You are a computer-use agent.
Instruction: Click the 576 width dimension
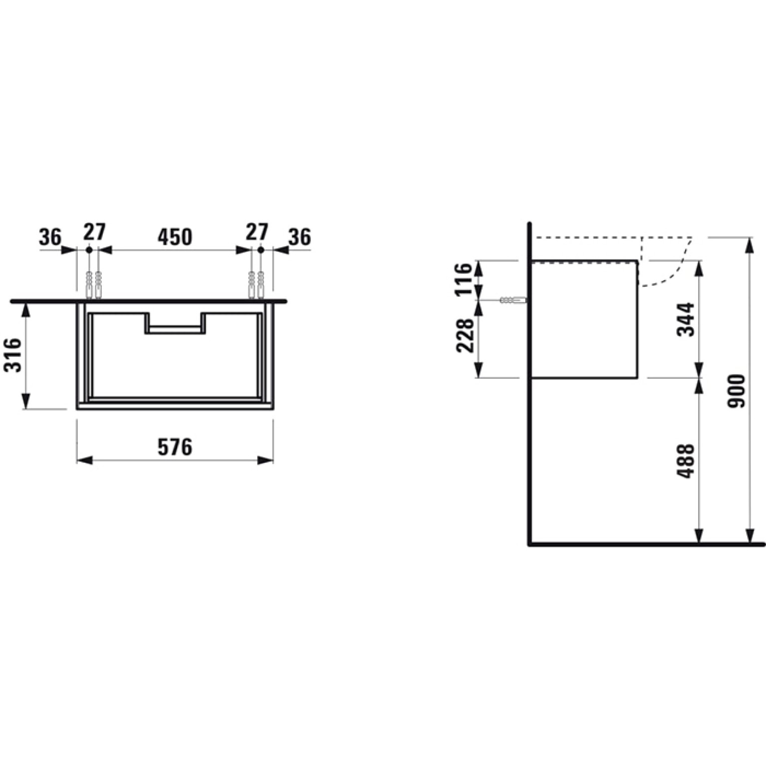coord(175,447)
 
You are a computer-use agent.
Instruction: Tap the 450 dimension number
coord(175,237)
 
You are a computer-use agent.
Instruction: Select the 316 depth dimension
coord(14,355)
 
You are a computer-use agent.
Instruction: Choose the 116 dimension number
coord(464,279)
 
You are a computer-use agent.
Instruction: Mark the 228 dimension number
coord(464,336)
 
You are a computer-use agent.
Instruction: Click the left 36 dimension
coord(50,237)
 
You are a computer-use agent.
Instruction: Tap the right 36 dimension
coord(300,237)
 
